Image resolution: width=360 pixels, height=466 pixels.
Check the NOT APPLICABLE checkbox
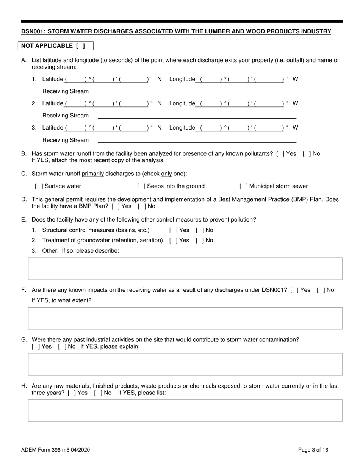[x=80, y=46]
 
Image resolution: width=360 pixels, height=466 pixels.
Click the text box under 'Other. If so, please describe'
[x=185, y=269]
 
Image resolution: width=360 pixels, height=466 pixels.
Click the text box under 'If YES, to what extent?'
[x=185, y=318]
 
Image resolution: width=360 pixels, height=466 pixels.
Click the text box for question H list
[x=185, y=411]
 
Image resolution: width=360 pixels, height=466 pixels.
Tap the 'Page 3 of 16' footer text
[x=313, y=450]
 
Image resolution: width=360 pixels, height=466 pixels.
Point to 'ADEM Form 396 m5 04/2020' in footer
[x=55, y=450]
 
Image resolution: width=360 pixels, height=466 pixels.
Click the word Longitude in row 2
[x=182, y=103]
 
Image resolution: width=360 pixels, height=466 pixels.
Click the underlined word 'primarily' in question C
[x=92, y=174]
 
